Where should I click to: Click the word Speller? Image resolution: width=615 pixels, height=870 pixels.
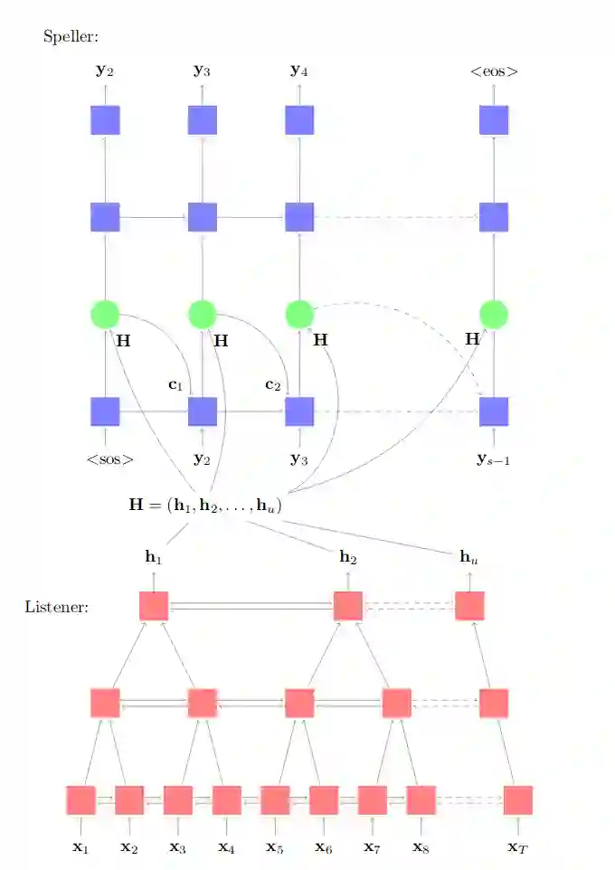pos(71,37)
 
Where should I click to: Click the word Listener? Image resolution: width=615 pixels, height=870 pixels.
pos(56,606)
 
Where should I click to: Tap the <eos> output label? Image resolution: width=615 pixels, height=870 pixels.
pos(494,70)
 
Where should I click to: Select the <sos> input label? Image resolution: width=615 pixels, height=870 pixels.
pos(110,459)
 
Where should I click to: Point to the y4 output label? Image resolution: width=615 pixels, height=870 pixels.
pos(299,70)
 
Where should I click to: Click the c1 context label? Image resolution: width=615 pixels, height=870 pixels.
pos(175,384)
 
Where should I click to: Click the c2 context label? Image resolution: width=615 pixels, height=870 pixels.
pos(273,384)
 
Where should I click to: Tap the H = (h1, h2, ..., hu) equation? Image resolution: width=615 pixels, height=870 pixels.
pos(206,506)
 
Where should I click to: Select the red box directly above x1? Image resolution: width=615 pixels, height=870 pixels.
pos(81,800)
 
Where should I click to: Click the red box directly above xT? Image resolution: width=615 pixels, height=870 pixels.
pos(518,800)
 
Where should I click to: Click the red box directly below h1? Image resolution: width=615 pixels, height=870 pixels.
pos(155,606)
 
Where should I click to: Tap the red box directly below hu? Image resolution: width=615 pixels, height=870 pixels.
pos(470,606)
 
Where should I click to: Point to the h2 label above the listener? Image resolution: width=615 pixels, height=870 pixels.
pos(348,558)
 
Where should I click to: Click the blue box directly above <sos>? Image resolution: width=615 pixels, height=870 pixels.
pos(106,411)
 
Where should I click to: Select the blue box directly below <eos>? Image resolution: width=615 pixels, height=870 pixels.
pos(494,119)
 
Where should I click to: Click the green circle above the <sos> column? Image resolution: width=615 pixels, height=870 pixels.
pos(106,315)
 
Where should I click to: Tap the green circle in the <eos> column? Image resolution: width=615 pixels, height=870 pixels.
pos(494,315)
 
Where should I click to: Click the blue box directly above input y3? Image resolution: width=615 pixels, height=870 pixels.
pos(299,411)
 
